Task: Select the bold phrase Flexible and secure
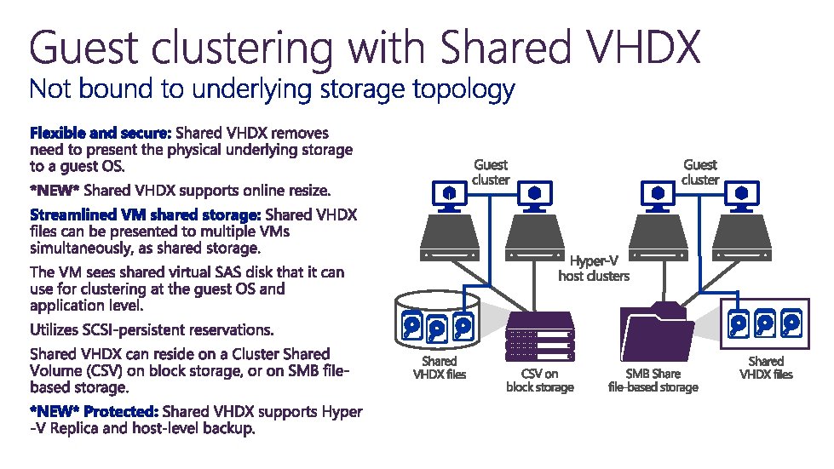[101, 134]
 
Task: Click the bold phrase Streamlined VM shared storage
[147, 214]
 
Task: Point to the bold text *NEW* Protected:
[94, 412]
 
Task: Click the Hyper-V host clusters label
[594, 268]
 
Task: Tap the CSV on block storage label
[540, 380]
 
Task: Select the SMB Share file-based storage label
[653, 380]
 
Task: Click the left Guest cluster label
[491, 172]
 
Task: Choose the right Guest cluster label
[700, 172]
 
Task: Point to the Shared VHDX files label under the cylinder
[440, 368]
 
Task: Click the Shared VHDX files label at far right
[765, 368]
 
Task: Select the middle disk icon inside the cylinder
[438, 326]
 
